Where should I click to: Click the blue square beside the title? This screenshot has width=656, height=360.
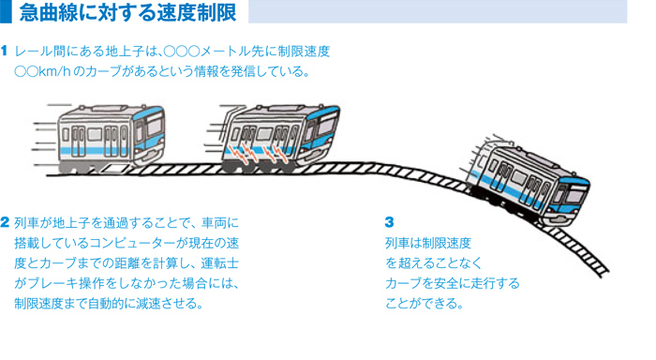click(x=6, y=12)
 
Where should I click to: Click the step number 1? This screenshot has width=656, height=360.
click(x=6, y=52)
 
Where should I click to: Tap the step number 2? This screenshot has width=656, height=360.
click(x=6, y=223)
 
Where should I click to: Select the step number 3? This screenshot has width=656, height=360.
click(x=390, y=223)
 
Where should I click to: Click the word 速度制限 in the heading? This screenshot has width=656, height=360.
click(x=210, y=13)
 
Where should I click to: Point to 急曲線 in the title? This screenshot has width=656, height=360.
click(x=45, y=13)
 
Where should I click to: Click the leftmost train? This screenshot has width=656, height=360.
click(x=103, y=131)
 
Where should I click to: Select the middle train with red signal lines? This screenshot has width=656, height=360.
click(x=277, y=136)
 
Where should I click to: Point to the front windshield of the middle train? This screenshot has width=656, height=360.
click(x=328, y=122)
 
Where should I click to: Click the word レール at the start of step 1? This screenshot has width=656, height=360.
click(x=35, y=52)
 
